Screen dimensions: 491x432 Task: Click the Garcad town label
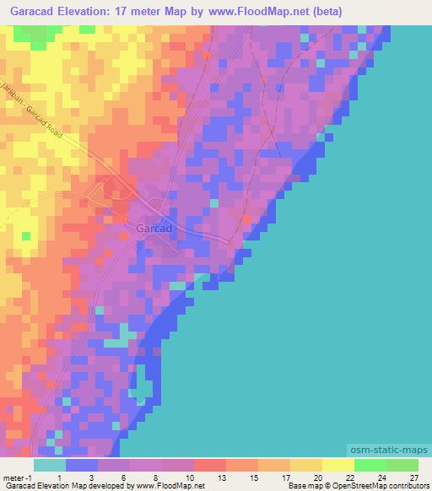154,228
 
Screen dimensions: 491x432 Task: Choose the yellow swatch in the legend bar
337,465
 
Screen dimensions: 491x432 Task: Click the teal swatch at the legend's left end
50,465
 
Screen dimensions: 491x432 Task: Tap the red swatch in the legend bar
210,465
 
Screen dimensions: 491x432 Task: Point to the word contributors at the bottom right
408,487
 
